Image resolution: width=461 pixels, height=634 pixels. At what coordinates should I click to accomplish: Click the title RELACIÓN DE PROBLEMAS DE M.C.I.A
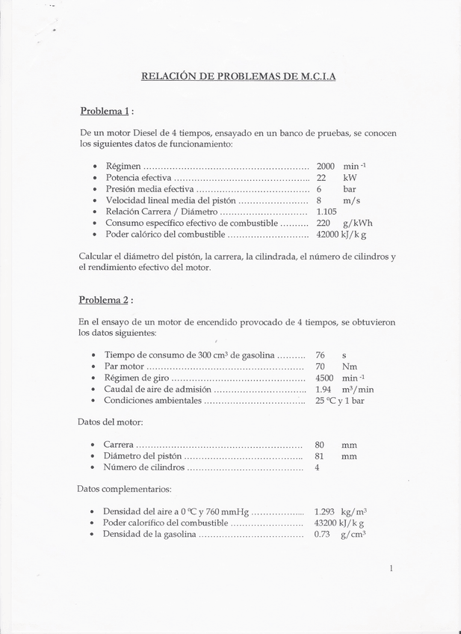tap(238, 76)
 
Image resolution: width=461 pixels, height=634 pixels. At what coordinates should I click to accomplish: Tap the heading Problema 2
tap(105, 300)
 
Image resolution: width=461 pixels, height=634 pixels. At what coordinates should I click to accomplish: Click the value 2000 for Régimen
tap(326, 165)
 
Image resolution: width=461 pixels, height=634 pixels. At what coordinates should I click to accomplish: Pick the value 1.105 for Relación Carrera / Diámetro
tap(328, 212)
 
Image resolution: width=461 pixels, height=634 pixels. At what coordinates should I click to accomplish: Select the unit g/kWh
tap(357, 223)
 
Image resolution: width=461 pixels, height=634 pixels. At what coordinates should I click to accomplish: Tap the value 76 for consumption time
tap(320, 355)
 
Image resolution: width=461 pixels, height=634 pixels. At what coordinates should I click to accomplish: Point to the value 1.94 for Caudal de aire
tap(323, 390)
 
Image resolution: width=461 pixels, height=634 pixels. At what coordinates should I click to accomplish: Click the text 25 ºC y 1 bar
tap(340, 401)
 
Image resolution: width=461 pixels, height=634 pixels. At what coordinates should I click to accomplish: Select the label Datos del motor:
tap(110, 422)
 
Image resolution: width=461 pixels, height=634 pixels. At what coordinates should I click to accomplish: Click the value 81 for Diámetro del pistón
tap(319, 455)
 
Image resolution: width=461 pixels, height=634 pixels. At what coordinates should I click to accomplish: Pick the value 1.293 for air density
tap(325, 511)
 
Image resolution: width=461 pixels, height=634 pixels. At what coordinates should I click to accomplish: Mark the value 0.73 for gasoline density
tap(322, 535)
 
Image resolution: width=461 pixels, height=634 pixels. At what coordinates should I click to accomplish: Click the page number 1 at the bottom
tap(391, 569)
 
